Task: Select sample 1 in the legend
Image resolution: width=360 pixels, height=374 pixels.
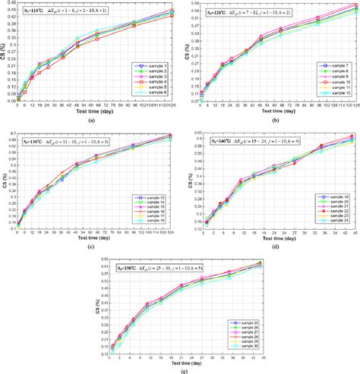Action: pyautogui.click(x=156, y=67)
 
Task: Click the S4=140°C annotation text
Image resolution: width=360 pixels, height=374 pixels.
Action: pyautogui.click(x=223, y=141)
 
